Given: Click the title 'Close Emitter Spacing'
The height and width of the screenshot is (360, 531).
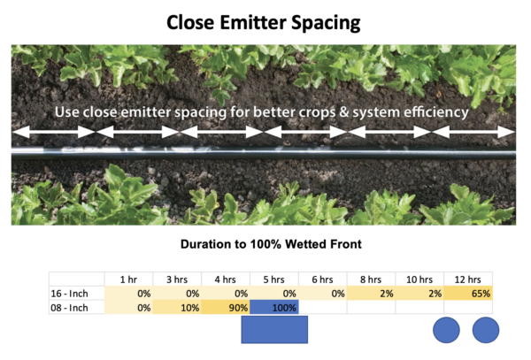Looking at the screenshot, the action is click(264, 23).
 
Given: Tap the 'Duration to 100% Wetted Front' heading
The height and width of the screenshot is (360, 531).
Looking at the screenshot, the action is click(271, 244).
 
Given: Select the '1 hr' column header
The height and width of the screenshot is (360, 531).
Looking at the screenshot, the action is click(128, 280).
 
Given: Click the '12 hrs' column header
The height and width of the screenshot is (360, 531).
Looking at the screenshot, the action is click(467, 280).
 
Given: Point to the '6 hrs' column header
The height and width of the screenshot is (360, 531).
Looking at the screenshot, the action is click(322, 280).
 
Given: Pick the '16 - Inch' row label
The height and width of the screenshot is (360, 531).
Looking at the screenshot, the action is click(69, 294).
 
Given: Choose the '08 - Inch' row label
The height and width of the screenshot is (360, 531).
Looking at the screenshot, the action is click(69, 308).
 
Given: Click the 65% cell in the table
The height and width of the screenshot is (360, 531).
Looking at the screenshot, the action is click(468, 294).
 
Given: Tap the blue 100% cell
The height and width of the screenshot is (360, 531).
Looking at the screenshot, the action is click(274, 307).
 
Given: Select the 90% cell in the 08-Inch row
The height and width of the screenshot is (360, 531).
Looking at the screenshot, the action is click(226, 307).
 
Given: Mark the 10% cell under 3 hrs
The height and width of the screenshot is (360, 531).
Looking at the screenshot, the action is click(178, 307).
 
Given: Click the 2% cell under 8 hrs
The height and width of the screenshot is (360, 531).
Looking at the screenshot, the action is click(371, 294).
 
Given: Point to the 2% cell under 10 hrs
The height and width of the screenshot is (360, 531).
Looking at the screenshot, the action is click(419, 294).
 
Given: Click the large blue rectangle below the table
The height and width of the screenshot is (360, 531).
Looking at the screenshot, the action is click(274, 330).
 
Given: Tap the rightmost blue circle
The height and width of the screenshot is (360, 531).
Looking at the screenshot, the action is click(486, 330).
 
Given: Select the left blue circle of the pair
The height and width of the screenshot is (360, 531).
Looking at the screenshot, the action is click(446, 330).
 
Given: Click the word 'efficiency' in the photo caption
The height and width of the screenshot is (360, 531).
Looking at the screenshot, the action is click(436, 112).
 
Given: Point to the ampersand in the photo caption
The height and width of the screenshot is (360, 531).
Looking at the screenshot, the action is click(343, 112).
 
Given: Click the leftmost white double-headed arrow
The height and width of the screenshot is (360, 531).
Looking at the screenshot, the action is click(53, 132).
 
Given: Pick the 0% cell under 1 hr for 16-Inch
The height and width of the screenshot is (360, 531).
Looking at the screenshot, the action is click(129, 294).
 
